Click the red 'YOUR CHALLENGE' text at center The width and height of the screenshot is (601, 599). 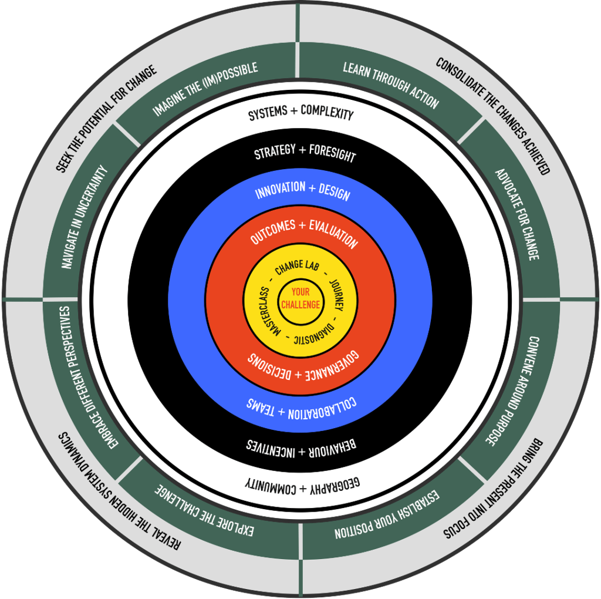[300, 298]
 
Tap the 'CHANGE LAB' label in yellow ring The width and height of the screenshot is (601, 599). [298, 266]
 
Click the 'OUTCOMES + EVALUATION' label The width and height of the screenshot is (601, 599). [303, 231]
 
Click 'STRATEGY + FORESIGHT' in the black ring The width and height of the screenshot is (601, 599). [305, 153]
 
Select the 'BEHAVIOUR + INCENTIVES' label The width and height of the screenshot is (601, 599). [302, 447]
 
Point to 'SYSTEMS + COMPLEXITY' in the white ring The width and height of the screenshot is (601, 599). [300, 112]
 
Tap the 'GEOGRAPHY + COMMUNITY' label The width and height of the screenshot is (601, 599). [302, 484]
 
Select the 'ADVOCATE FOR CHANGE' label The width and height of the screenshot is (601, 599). [517, 214]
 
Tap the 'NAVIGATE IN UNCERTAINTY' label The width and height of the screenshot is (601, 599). [85, 217]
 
